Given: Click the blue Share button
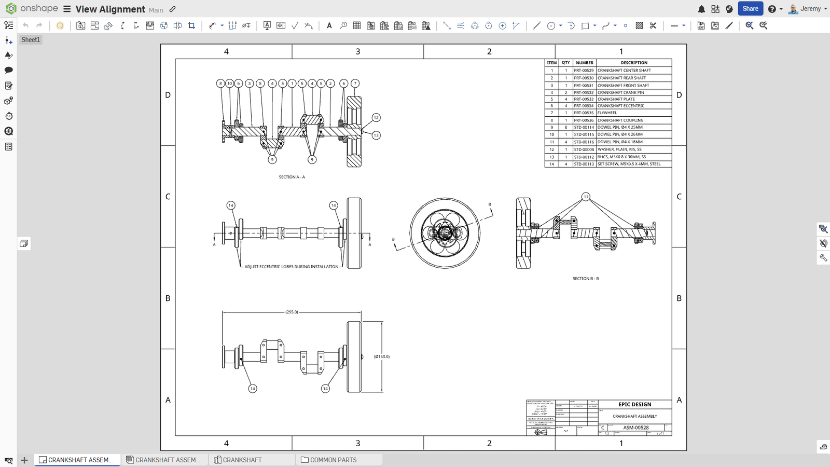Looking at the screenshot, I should coord(750,9).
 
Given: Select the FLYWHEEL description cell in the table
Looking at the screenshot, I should coord(607,113).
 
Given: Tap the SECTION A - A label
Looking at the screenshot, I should coord(292,177).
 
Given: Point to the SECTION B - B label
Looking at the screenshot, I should coord(586,279).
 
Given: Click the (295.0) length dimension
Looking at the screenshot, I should coord(292,312).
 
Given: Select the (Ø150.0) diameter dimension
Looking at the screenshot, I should coord(382,356).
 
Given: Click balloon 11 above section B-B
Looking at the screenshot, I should coord(586,197).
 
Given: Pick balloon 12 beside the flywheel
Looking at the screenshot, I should coord(376,118).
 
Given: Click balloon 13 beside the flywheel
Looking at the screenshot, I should coord(376,135).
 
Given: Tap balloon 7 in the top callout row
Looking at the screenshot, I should coord(355,83).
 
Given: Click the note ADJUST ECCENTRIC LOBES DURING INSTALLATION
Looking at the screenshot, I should coord(291,267).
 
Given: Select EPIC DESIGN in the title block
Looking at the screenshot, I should coord(634,404).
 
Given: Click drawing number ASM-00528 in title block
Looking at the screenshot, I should coord(636,428).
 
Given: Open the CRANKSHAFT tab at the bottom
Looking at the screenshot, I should coord(242,460).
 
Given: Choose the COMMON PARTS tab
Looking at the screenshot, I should coord(333,460).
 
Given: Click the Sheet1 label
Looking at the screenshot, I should coord(31,39).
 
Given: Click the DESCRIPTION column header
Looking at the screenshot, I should coord(634,63).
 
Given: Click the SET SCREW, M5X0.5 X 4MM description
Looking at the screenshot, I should coord(629,164).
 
